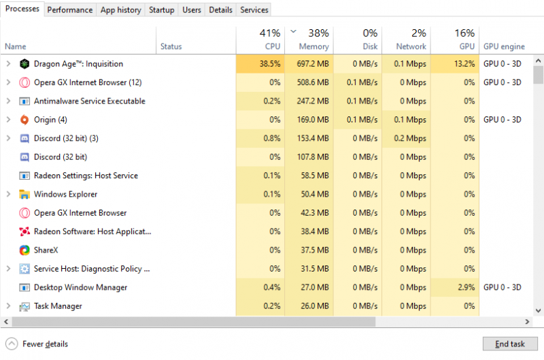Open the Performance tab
point(70,10)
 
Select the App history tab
point(120,10)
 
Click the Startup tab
point(162,10)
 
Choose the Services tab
point(254,10)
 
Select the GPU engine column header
point(503,46)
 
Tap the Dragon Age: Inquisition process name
point(78,64)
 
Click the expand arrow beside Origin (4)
point(8,120)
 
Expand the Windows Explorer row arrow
point(8,194)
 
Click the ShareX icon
point(24,250)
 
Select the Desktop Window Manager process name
point(80,287)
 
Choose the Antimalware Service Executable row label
point(89,101)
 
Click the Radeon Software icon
point(24,231)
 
